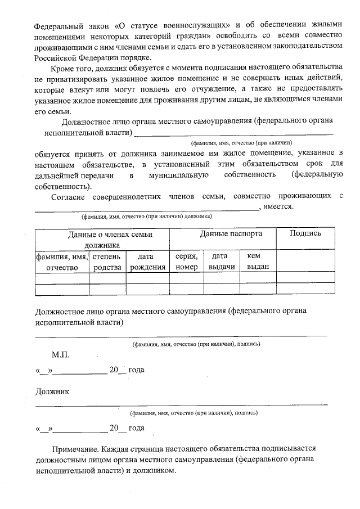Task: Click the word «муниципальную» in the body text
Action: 179,175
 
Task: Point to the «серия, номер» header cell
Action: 187,262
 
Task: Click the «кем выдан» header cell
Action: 258,262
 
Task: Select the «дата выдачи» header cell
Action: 222,262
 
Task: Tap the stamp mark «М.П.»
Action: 61,355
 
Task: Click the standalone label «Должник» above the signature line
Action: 52,391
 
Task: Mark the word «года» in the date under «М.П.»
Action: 137,370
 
